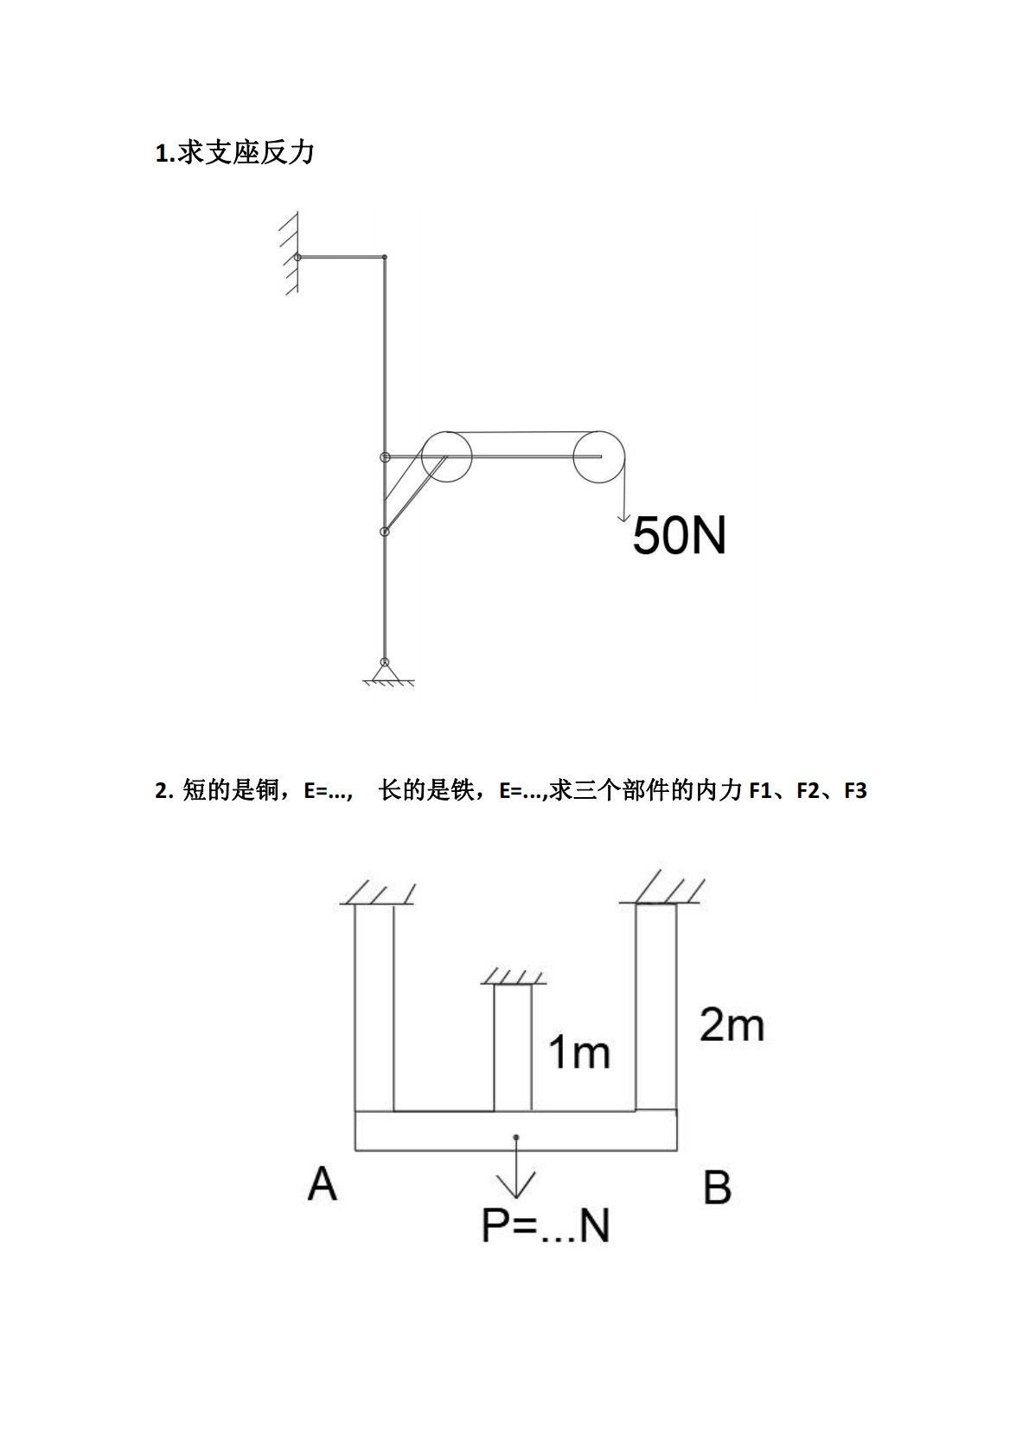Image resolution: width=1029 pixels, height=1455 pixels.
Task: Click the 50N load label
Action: (679, 535)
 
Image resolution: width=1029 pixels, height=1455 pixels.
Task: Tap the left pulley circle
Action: (447, 455)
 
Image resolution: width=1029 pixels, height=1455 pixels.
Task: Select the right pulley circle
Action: (598, 456)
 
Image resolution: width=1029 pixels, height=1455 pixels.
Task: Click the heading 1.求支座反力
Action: (234, 154)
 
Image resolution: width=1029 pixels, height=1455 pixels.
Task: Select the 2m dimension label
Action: (732, 1025)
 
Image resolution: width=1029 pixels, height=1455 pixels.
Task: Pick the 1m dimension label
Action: (578, 1052)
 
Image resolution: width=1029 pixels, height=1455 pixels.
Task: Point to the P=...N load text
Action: (545, 1225)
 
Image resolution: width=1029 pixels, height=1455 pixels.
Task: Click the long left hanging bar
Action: (374, 1007)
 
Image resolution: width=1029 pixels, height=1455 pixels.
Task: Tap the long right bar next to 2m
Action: (656, 1007)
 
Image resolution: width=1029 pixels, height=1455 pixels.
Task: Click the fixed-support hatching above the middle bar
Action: (514, 977)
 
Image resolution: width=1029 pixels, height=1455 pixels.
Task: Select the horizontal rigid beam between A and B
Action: (516, 1131)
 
